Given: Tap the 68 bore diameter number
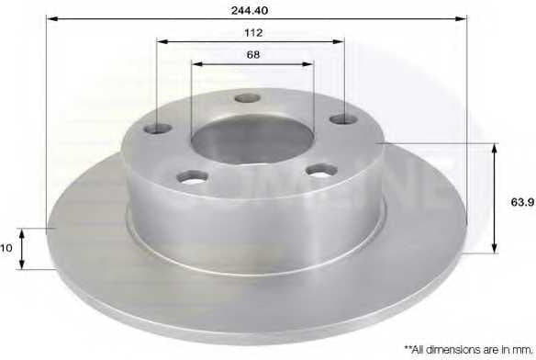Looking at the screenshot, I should click(x=253, y=55).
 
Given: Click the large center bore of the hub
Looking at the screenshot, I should click(x=252, y=139).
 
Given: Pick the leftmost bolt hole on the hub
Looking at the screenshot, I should click(x=163, y=128).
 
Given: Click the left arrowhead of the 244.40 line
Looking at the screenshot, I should click(x=50, y=17).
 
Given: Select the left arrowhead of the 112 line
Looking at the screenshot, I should click(x=162, y=41).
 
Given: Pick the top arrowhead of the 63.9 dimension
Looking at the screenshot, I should click(x=496, y=148).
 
